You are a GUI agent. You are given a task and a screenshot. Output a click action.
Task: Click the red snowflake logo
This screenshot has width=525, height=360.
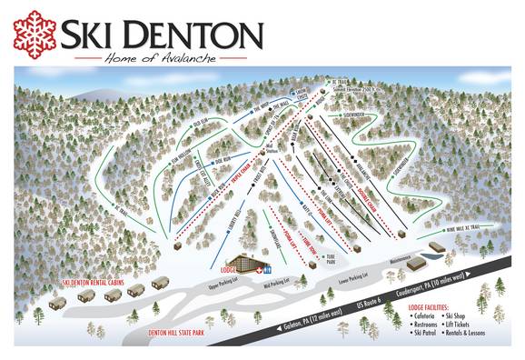pyautogui.click(x=35, y=34)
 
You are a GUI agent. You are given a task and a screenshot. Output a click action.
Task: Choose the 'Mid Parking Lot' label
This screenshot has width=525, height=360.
pyautogui.click(x=275, y=283)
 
